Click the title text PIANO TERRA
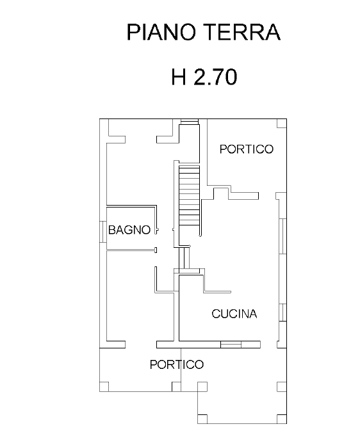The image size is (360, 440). coord(203,32)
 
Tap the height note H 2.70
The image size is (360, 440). coord(204,77)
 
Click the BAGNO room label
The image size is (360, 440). coord(129,230)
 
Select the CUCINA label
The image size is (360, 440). coord(234,314)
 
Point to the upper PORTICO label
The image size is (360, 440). coord(246,149)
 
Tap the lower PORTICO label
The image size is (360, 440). coord(176,364)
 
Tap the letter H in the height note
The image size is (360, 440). coord(179,77)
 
